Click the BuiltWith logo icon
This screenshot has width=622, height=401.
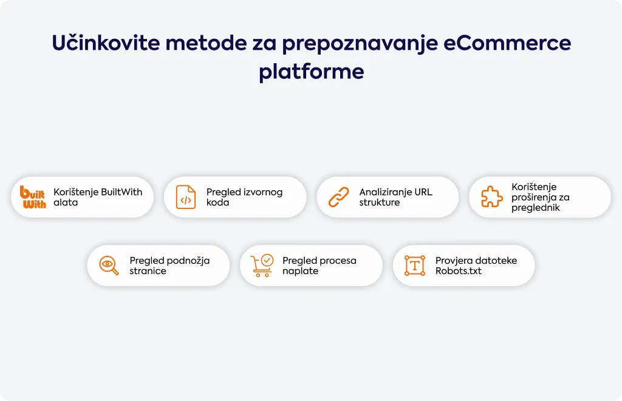[x=33, y=197]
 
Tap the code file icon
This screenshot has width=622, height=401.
[x=186, y=197]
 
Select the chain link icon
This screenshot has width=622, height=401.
[x=339, y=197]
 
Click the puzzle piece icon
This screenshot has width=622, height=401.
[x=492, y=197]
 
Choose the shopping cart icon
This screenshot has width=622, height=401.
[x=262, y=266]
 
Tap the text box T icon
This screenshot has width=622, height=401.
[x=415, y=266]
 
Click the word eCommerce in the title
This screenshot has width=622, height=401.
[x=507, y=43]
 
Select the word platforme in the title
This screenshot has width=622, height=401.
[x=312, y=72]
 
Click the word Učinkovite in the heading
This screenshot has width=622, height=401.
[x=106, y=43]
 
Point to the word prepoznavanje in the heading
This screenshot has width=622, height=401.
[x=360, y=44]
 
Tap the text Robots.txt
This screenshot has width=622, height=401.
[x=459, y=271]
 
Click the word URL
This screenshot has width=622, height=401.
[x=423, y=192]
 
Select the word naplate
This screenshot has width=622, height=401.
[x=300, y=272]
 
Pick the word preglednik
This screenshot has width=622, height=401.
[x=536, y=208]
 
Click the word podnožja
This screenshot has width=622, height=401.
[x=188, y=261]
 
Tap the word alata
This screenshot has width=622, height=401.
[x=66, y=202]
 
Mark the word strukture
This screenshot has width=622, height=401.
[x=379, y=202]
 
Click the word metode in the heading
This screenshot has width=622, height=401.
[x=207, y=43]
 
